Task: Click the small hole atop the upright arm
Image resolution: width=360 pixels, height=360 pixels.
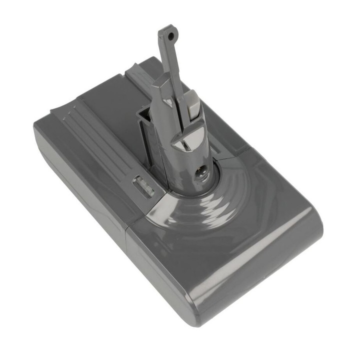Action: click(171, 36)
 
